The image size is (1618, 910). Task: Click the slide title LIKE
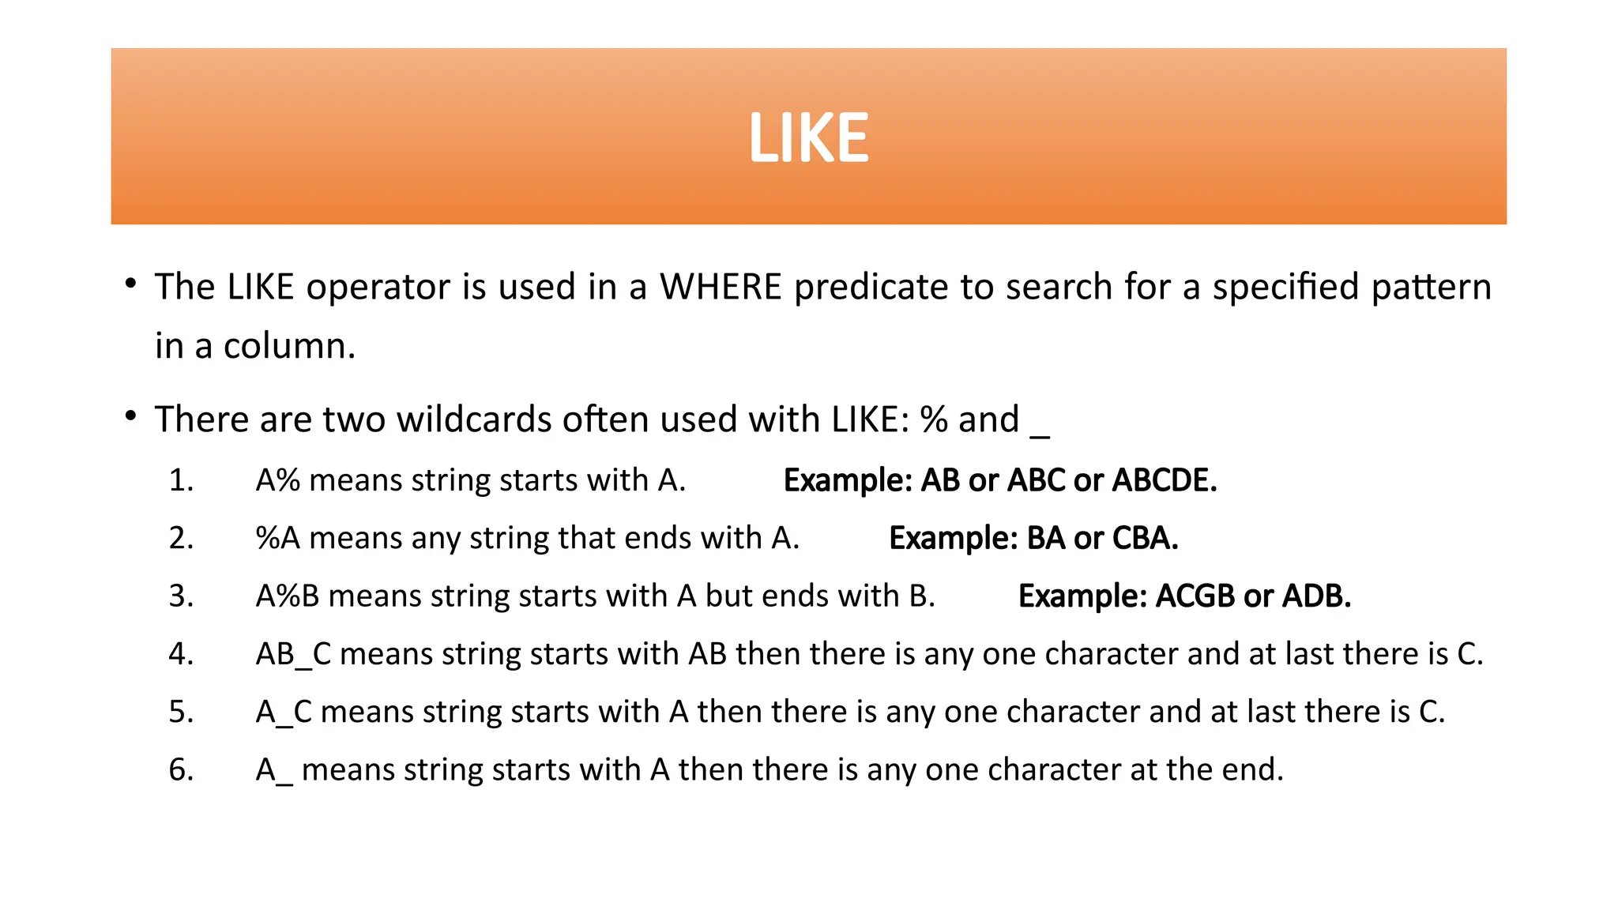click(808, 138)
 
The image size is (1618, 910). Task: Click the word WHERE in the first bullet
click(721, 287)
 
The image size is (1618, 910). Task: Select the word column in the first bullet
click(289, 346)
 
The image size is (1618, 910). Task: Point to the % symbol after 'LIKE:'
click(934, 419)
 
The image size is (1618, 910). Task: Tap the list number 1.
click(181, 480)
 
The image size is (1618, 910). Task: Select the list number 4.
click(181, 654)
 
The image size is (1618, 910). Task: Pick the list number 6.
click(181, 769)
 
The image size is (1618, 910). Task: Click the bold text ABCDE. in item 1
click(1165, 480)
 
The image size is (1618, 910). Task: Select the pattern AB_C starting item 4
click(293, 654)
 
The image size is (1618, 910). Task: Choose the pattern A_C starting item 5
click(284, 712)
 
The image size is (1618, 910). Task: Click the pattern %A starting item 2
click(278, 538)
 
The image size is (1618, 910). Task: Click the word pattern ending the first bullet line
click(1431, 287)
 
